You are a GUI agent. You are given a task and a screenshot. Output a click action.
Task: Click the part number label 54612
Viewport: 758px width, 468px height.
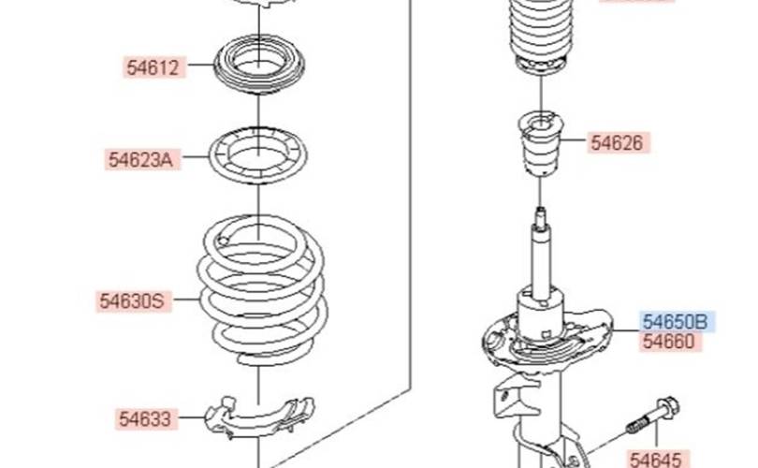153,67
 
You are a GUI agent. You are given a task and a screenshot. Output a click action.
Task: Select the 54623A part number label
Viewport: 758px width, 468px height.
141,159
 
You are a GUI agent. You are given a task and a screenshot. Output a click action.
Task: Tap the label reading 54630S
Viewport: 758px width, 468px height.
133,300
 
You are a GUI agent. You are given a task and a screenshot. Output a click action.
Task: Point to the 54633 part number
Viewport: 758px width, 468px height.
146,418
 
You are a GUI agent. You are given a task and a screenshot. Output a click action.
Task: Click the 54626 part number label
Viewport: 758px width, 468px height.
619,142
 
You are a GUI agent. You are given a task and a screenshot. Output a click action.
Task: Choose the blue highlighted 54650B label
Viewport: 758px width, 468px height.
677,321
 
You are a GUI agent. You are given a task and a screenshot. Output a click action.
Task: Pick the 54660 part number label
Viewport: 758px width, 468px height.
670,342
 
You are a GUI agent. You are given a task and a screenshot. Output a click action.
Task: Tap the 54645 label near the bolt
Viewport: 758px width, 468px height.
657,460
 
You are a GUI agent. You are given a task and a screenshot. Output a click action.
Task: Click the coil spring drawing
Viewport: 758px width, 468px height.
262,290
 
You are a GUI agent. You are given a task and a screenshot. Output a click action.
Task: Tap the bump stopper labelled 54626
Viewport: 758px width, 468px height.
541,143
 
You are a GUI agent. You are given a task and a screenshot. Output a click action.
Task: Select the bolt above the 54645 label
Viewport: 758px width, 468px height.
652,416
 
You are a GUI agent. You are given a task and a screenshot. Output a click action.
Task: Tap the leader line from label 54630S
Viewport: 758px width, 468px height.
185,300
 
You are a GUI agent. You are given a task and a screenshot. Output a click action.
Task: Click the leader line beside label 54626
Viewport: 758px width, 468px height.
575,140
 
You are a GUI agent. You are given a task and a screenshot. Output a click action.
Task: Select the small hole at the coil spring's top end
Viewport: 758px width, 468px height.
223,241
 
